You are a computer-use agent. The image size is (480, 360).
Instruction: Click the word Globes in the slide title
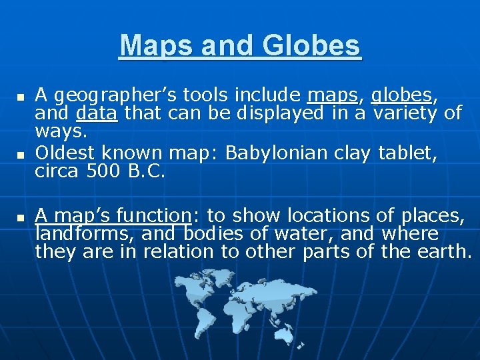tap(311, 46)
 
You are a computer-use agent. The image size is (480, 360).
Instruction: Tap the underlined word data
tap(97, 113)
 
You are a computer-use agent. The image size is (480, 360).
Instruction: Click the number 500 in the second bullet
tap(101, 171)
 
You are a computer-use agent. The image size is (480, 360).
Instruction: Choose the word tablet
tap(406, 153)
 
